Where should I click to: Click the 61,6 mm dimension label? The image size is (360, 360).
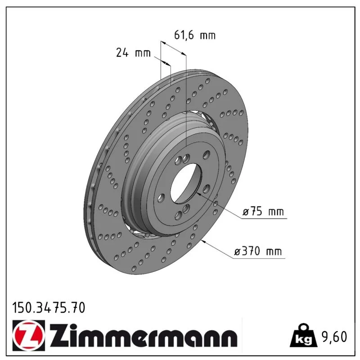pyautogui.click(x=195, y=35)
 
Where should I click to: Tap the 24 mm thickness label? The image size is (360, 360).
pyautogui.click(x=133, y=53)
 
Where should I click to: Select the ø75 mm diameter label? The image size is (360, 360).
pyautogui.click(x=263, y=211)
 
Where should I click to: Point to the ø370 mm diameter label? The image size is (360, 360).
pyautogui.click(x=257, y=251)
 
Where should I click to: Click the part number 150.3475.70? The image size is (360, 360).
pyautogui.click(x=49, y=308)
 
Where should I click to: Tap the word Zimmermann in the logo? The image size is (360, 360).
pyautogui.click(x=144, y=336)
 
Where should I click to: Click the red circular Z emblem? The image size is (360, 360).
pyautogui.click(x=29, y=335)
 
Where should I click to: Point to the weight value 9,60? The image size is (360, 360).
pyautogui.click(x=334, y=337)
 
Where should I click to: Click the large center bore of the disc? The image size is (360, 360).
pyautogui.click(x=186, y=183)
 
